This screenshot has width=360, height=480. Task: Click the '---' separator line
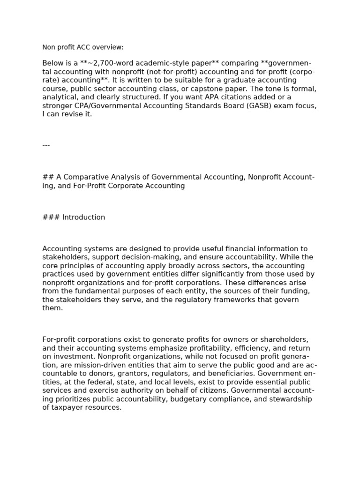(x=46, y=145)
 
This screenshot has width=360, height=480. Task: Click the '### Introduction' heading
(x=74, y=217)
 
